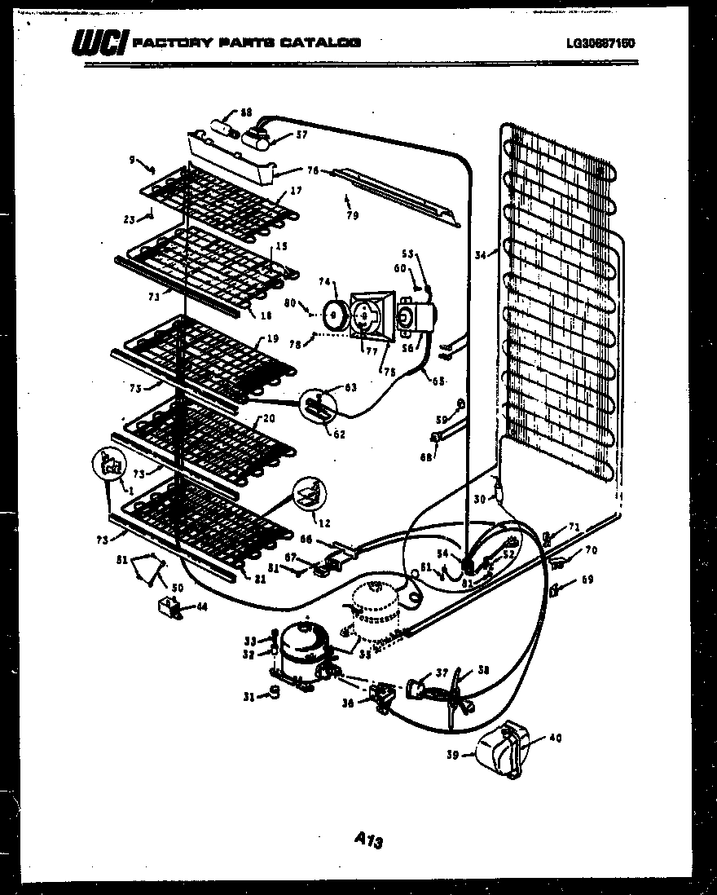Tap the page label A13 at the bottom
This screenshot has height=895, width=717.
[x=369, y=840]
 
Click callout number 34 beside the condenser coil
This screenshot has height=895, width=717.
[x=482, y=255]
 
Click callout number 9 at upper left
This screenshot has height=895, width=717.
[x=133, y=161]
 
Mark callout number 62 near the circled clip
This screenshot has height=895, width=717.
[x=339, y=434]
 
